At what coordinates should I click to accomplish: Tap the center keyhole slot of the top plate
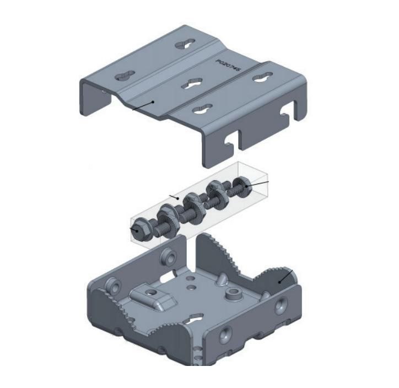tap(193, 84)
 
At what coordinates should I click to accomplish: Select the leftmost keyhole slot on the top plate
tap(126, 76)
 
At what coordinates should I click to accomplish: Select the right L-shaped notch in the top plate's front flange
tap(287, 114)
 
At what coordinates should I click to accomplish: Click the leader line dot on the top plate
tap(153, 102)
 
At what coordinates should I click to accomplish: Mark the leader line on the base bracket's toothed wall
tap(285, 276)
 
